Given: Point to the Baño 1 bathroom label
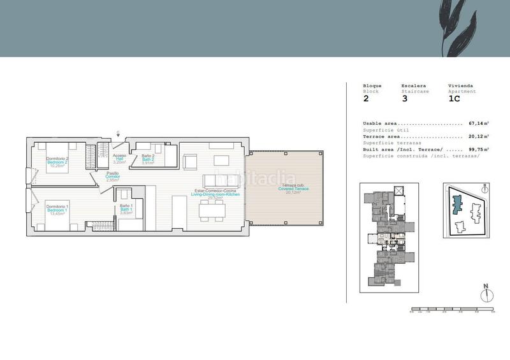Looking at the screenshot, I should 126,209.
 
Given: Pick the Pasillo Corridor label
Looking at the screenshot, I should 113,176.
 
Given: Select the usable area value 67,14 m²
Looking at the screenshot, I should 478,123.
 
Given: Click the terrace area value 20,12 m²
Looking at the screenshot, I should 478,136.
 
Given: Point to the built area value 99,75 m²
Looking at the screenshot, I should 478,149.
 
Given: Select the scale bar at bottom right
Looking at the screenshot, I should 452,310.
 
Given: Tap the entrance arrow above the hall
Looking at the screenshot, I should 118,133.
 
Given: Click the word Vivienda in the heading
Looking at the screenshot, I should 460,85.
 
